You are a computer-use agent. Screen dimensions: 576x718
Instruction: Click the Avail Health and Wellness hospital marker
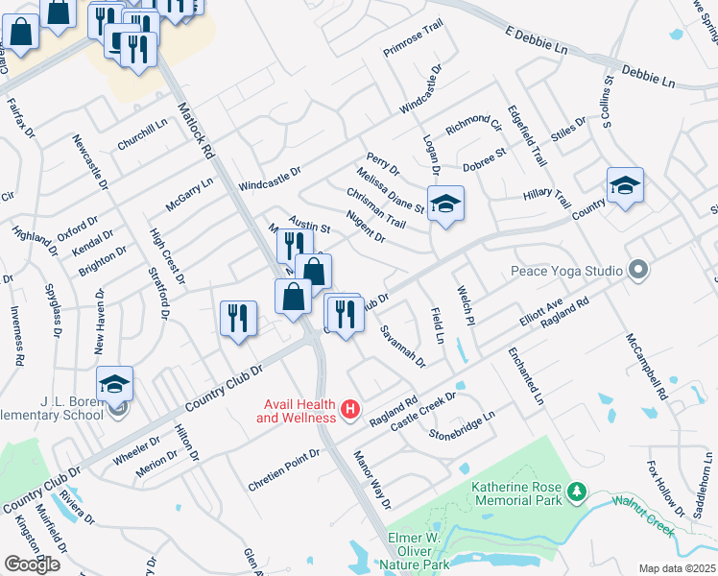point(350,411)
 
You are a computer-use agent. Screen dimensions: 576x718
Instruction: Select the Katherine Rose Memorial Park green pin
point(576,492)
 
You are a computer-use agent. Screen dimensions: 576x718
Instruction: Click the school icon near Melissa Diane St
point(443,204)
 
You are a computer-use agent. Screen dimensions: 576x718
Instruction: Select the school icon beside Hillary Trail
point(624,186)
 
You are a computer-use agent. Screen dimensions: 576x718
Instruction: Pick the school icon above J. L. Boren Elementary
point(114,385)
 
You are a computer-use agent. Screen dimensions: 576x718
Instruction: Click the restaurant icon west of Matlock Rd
point(237,318)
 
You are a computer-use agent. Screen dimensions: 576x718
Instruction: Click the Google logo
point(32,564)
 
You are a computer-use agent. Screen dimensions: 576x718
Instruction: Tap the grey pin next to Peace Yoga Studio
point(634,270)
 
